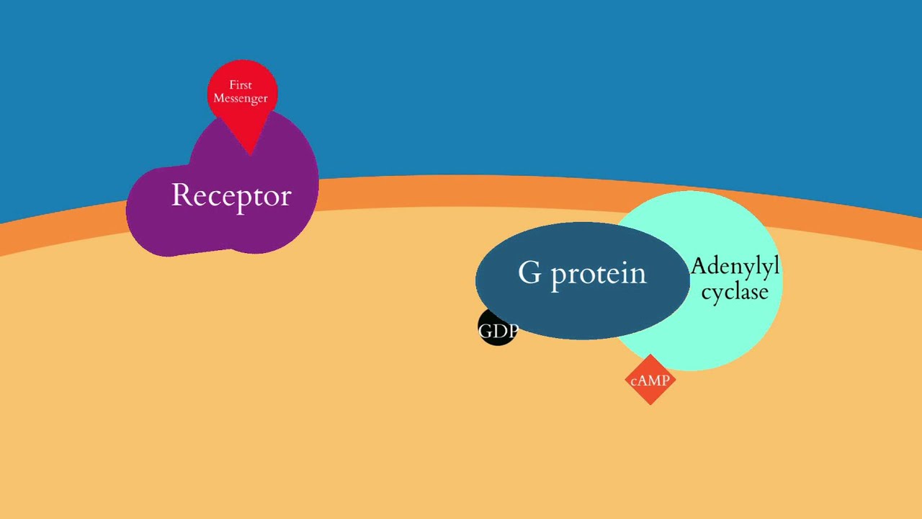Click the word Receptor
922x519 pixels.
[x=231, y=195]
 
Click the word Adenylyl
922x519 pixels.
[x=735, y=267]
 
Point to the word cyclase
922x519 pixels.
[x=735, y=292]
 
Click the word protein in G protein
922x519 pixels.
[x=599, y=275]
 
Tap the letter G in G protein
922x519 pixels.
[x=529, y=272]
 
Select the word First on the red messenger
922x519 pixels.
[x=241, y=85]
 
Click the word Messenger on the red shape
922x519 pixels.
[x=241, y=98]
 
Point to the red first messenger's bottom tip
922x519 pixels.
[x=250, y=152]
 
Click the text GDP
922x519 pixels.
[x=498, y=332]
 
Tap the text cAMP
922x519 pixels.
[x=650, y=381]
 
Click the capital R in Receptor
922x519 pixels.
[x=180, y=195]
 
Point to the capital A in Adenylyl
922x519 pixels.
[x=699, y=267]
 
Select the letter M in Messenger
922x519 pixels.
[x=218, y=98]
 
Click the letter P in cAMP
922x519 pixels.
[x=666, y=381]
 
